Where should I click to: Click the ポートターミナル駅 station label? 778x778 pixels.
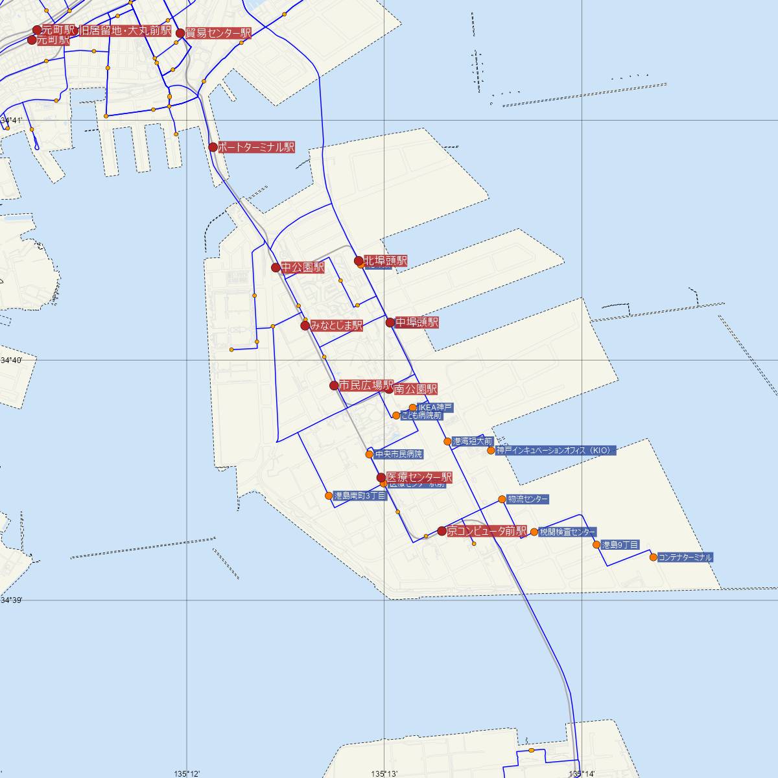tap(256, 148)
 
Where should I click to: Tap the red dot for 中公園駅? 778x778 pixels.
tap(276, 267)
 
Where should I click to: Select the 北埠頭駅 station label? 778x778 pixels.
tap(386, 261)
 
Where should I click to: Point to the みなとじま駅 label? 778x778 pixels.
tap(336, 326)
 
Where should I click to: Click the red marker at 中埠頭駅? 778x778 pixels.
tap(390, 322)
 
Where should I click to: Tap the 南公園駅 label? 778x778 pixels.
tap(416, 390)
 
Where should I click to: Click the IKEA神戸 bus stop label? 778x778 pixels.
tap(435, 407)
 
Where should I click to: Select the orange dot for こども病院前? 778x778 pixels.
tap(396, 416)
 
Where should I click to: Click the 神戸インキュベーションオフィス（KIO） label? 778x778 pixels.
tap(554, 450)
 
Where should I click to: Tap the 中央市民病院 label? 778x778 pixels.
tap(399, 454)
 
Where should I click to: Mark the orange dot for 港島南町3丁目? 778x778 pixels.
tap(329, 496)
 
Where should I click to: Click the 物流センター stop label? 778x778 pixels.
tap(528, 499)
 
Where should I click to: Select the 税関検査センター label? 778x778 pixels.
tap(567, 532)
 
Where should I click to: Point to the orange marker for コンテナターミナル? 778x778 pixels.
tap(653, 557)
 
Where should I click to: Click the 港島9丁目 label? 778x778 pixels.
tap(620, 545)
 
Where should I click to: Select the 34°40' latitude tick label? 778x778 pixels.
tap(11, 360)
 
